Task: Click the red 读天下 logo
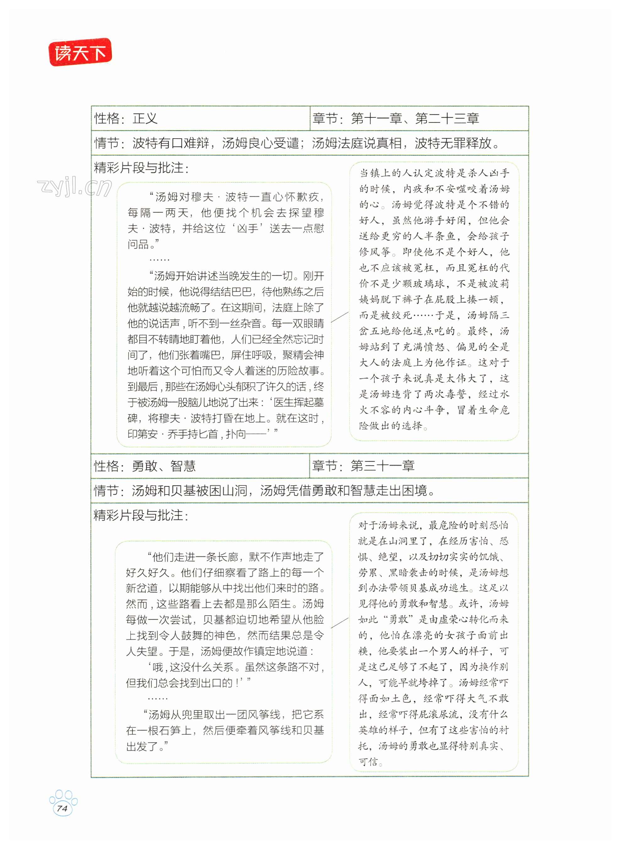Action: [80, 52]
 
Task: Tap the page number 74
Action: [62, 808]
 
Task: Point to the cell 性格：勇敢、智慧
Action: [144, 466]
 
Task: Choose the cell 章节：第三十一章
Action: [363, 466]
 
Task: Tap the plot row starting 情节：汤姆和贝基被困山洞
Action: [264, 490]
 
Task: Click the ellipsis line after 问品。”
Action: [159, 260]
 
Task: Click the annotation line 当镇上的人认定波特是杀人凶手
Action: [434, 173]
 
